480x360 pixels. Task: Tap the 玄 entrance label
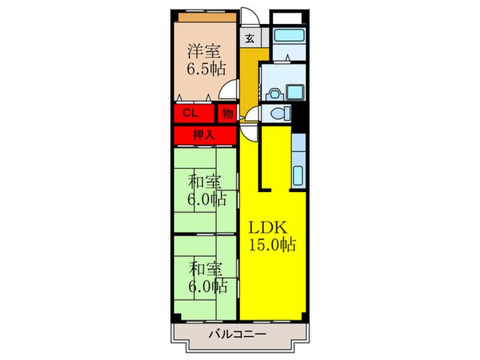click(249, 39)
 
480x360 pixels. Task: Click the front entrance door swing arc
click(250, 19)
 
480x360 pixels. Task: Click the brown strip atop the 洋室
click(204, 14)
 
